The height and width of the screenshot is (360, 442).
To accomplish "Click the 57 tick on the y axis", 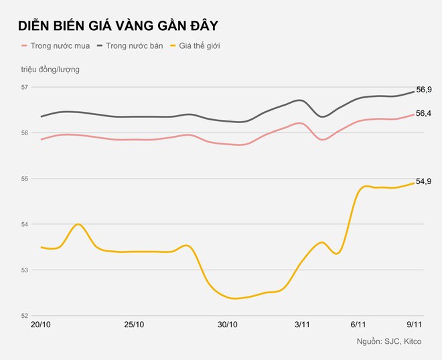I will (25, 88).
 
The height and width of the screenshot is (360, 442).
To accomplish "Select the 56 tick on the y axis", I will (25, 133).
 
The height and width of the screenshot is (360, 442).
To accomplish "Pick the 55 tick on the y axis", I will (25, 179).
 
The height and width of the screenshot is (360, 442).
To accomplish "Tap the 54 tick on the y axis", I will (25, 224).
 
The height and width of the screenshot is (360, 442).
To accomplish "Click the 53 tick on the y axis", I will (25, 270).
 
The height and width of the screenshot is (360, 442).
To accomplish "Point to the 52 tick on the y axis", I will (25, 315).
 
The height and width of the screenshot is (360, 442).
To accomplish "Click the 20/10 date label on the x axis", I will (42, 325).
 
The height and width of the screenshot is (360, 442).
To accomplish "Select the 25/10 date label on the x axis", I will (135, 325).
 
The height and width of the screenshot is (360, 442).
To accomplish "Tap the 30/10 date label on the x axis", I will (228, 325).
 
